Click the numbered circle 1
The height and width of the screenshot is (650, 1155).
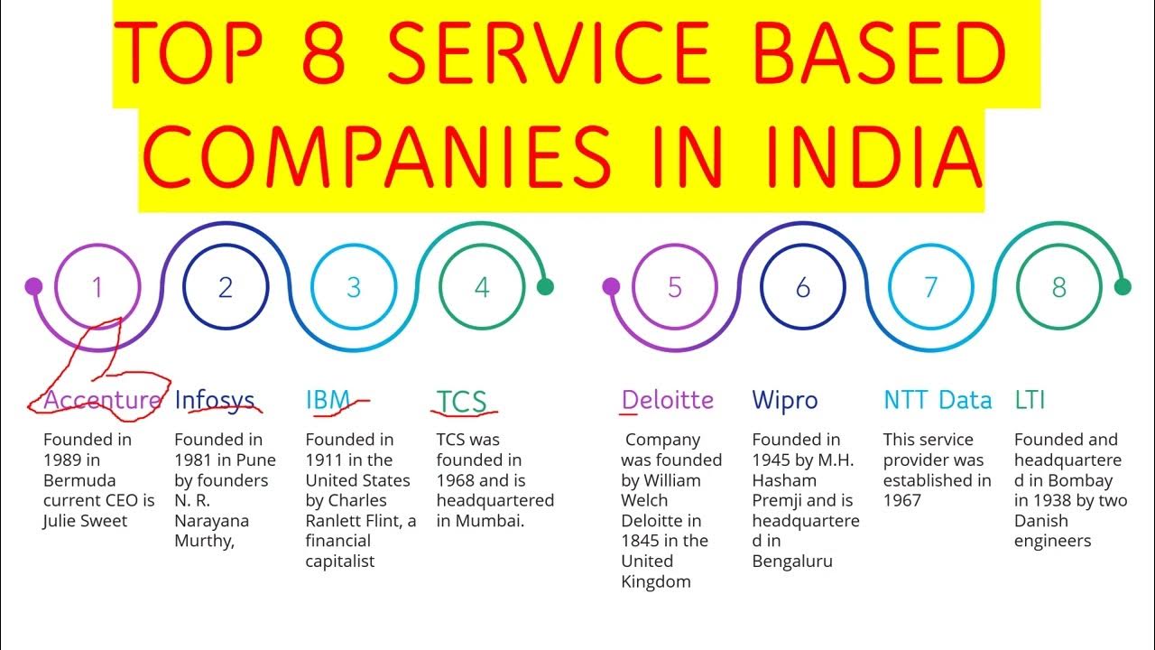97,287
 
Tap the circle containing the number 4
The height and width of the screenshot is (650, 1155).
482,287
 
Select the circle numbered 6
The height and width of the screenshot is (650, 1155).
803,287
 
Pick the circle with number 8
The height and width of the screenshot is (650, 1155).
1059,287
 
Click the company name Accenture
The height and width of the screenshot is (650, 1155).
102,400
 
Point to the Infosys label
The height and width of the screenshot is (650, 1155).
215,400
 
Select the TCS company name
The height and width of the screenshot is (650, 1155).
461,401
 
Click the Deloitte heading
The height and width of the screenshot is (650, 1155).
668,400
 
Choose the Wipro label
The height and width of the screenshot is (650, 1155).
785,400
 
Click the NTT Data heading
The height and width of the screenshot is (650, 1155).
938,400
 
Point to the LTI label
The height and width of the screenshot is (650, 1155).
1030,400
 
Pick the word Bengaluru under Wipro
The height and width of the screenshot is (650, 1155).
792,562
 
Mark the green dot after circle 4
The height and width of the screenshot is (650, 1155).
545,287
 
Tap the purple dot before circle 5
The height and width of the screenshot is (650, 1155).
611,287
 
